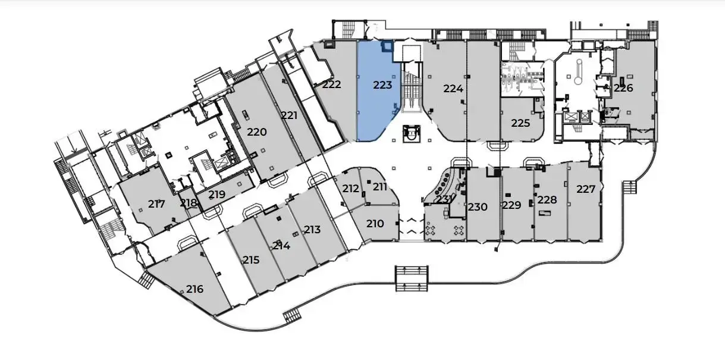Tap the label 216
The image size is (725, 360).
194,290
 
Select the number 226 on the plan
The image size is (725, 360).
623,88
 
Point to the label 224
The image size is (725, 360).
453,89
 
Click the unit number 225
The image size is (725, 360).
520,124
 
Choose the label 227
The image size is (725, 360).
586,190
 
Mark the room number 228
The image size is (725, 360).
547,200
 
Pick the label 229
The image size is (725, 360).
511,205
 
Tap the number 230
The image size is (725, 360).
478,207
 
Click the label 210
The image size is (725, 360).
375,224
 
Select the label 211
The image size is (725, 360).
380,187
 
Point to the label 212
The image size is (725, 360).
351,189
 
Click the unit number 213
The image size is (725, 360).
312,230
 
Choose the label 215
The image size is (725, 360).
251,260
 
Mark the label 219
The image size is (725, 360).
216,194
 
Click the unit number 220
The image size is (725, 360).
257,132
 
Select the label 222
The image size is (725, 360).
332,84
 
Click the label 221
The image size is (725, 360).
289,116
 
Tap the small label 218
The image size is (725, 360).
189,203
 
